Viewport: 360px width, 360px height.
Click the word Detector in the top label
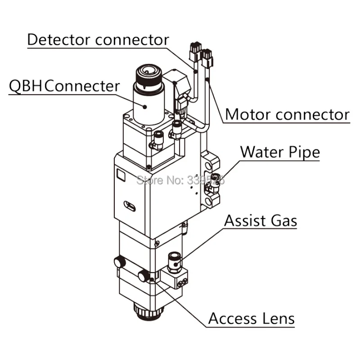coord(58,39)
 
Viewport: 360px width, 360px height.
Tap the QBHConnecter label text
coord(64,85)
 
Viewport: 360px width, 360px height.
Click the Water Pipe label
coord(280,152)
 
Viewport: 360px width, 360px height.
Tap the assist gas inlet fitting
coord(173,260)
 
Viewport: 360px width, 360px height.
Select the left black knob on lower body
coord(119,261)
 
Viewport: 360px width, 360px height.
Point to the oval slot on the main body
coord(129,206)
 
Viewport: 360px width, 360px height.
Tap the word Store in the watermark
coord(148,180)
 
